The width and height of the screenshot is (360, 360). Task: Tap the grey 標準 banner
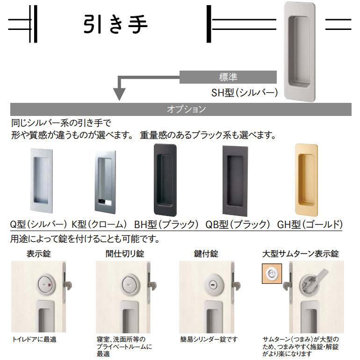[x=228, y=77]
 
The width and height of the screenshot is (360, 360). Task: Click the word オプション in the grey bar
[x=186, y=109]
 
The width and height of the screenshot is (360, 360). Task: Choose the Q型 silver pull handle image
[x=41, y=179]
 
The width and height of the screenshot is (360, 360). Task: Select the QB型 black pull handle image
[x=236, y=179]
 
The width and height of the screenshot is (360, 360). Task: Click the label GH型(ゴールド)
[x=310, y=224]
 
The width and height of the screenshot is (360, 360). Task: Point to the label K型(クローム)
[x=99, y=224]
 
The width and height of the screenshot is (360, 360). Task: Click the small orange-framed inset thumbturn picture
[x=270, y=274]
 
